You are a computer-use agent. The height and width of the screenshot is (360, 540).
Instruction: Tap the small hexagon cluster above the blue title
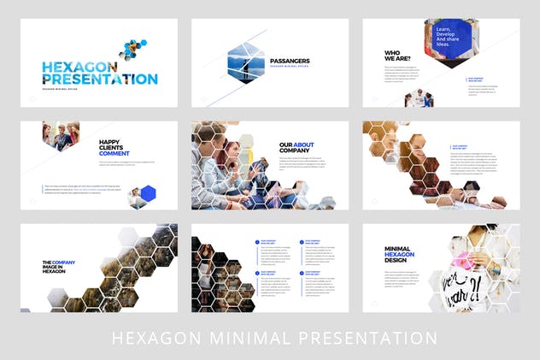(x=132, y=49)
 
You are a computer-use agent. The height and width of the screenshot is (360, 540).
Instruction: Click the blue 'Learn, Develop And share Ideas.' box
(x=451, y=37)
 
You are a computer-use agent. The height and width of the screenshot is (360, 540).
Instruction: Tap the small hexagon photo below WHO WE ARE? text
(x=419, y=97)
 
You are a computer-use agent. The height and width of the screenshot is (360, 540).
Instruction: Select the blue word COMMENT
(x=114, y=154)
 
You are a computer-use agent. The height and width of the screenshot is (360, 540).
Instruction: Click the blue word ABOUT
(x=304, y=145)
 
